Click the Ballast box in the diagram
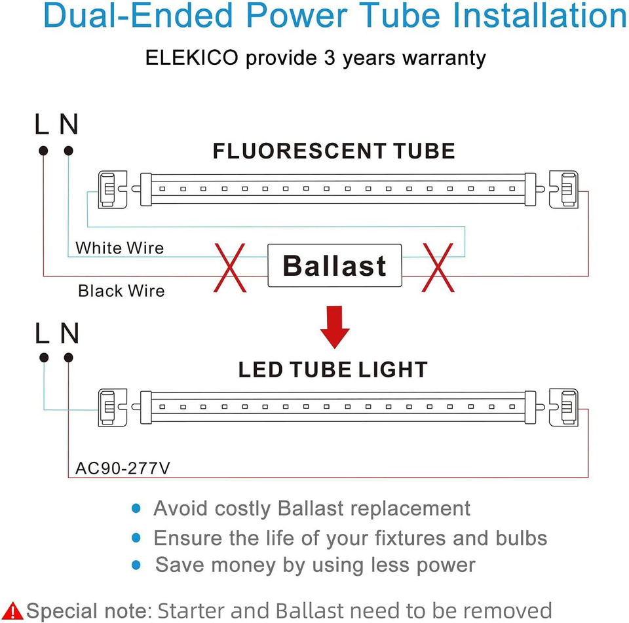(334, 265)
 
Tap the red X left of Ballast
(230, 267)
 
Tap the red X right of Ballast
(438, 267)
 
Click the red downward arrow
(334, 328)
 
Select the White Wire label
(119, 248)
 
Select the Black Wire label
(121, 290)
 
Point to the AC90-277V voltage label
(123, 468)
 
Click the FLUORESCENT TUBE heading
(334, 151)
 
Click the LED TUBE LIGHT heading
(333, 369)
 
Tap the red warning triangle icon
(12, 611)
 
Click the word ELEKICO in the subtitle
(191, 58)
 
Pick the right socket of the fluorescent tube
(563, 189)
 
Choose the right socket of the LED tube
(563, 407)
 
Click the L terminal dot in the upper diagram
(43, 151)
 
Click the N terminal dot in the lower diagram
(68, 358)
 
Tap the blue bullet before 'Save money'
(136, 563)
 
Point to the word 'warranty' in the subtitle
(444, 58)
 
